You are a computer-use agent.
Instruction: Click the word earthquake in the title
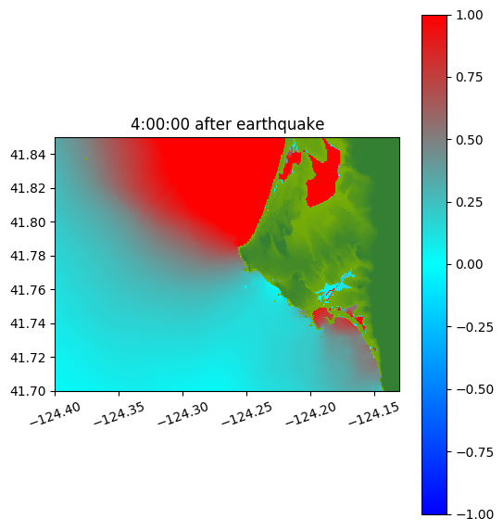(281, 124)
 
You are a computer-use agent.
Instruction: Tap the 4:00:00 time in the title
(160, 124)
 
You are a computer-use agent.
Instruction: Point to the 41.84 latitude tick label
(28, 155)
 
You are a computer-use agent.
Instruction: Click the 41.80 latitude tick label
(28, 222)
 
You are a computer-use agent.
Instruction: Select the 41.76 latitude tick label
(28, 290)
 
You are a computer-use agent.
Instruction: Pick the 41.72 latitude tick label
(28, 358)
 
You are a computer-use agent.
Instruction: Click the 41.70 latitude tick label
(28, 391)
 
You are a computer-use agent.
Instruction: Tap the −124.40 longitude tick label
(56, 413)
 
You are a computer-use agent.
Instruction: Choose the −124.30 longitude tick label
(182, 413)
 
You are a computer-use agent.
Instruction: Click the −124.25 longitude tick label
(246, 413)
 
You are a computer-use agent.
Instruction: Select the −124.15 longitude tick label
(374, 413)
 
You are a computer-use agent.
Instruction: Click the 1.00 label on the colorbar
(469, 15)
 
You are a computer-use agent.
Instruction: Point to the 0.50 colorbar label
(469, 140)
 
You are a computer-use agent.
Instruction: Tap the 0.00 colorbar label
(469, 264)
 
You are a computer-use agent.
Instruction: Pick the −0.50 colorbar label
(474, 389)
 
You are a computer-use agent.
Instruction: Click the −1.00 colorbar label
(474, 514)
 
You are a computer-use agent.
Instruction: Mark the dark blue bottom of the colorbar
(434, 508)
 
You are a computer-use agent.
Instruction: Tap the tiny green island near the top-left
(86, 158)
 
